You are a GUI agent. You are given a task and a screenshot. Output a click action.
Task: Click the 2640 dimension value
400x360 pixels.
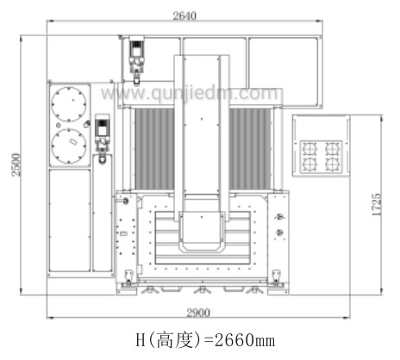184,16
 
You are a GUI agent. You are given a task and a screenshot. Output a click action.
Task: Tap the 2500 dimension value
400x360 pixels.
16,164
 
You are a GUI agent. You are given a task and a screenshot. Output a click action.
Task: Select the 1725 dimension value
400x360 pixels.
376,204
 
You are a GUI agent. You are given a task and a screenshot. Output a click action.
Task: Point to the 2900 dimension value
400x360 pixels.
198,313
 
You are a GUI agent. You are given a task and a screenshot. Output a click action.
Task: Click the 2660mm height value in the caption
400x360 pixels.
245,340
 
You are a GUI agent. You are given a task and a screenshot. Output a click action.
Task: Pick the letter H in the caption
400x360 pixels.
141,340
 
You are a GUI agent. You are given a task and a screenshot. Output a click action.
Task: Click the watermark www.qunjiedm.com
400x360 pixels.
190,93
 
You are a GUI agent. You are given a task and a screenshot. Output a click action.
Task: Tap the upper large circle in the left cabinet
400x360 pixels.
69,104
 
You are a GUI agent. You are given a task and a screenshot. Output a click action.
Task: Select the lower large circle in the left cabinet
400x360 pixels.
69,146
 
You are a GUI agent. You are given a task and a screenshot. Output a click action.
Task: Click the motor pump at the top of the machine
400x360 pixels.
136,59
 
